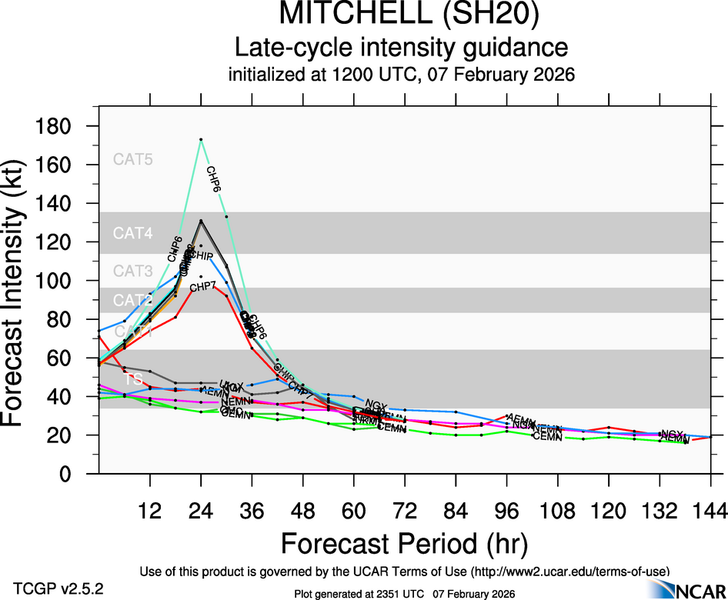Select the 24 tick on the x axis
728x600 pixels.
pyautogui.click(x=201, y=512)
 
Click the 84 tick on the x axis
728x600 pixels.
pyautogui.click(x=456, y=512)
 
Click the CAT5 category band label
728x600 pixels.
pyautogui.click(x=133, y=160)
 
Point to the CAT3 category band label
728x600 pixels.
pyautogui.click(x=133, y=271)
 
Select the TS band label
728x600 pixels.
pyautogui.click(x=134, y=379)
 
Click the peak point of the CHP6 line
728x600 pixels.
pyautogui.click(x=201, y=139)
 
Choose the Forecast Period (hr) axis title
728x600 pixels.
pyautogui.click(x=404, y=544)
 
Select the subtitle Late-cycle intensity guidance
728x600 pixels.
pyautogui.click(x=402, y=48)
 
